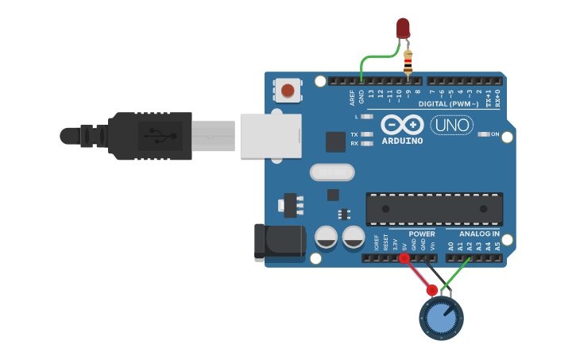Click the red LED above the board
pos(403,29)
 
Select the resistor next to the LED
pos(408,60)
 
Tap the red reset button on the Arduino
pos(288,90)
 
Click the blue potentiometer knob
pos(441,318)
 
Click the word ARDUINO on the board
pos(402,141)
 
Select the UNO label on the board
pos(452,125)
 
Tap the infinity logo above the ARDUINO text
pos(402,125)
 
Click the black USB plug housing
pos(151,136)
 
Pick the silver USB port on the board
pos(271,136)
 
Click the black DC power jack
pos(279,243)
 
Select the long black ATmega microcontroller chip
pos(434,208)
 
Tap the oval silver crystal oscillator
pos(331,172)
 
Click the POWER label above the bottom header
pos(422,234)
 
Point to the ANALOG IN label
pos(479,234)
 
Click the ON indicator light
pos(484,134)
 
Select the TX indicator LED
pos(366,134)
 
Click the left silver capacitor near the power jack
pos(327,237)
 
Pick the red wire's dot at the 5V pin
pos(404,258)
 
